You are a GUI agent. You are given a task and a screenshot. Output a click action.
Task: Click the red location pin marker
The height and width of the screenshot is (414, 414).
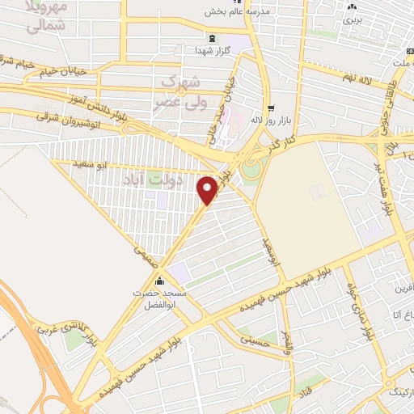[207, 189]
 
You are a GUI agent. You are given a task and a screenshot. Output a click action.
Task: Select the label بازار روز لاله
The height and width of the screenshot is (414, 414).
[268, 120]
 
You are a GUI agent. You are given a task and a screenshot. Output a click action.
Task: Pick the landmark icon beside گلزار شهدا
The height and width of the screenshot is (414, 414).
[211, 38]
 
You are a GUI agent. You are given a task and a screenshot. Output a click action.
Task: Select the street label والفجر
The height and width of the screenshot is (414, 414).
[289, 344]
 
